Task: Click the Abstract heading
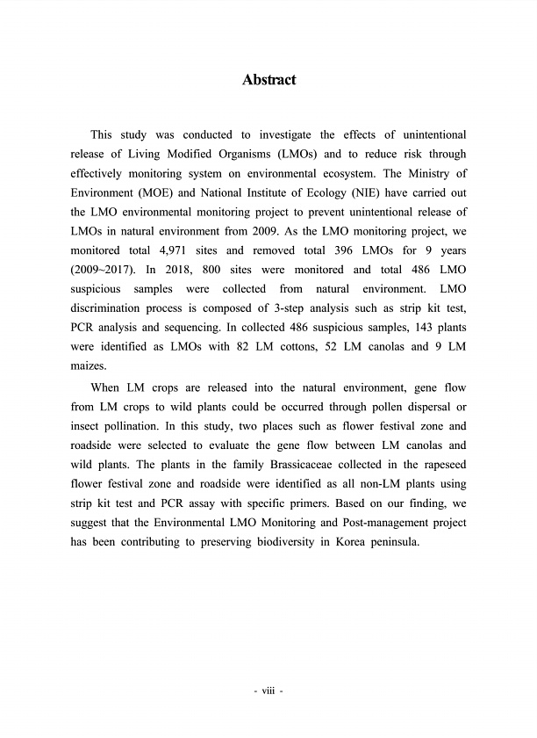click(x=268, y=80)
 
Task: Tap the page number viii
click(x=268, y=691)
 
